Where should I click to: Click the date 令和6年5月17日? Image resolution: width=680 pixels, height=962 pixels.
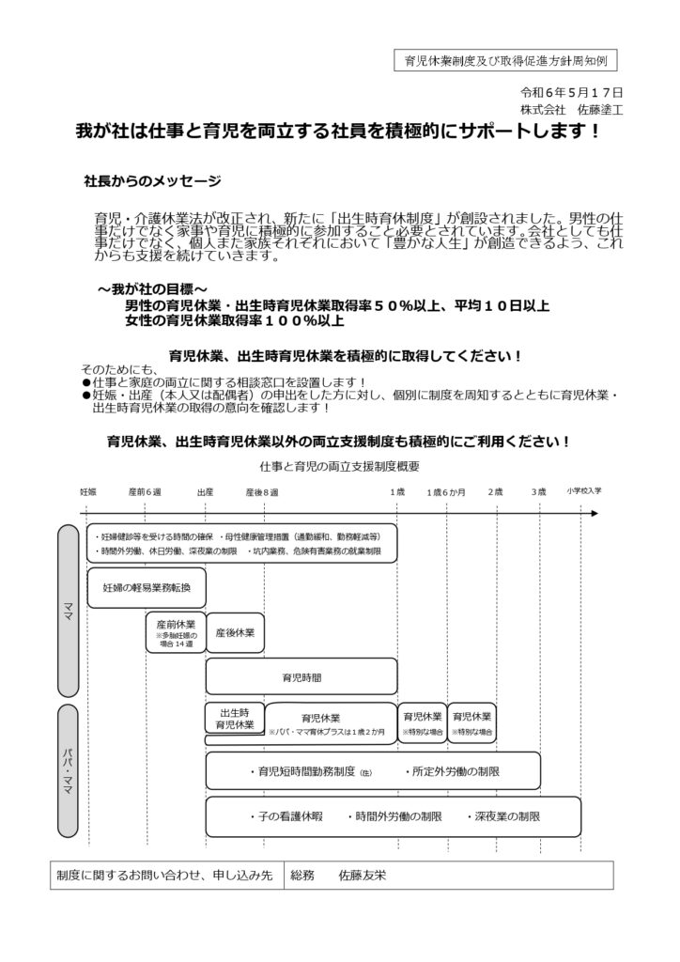tap(572, 92)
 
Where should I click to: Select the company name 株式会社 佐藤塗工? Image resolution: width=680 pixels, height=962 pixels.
tap(580, 109)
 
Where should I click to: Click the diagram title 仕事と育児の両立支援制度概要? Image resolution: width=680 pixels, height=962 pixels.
tap(341, 466)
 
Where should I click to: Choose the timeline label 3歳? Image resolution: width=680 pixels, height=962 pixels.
tap(538, 492)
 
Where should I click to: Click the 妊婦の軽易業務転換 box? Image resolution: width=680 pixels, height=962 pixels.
tap(147, 588)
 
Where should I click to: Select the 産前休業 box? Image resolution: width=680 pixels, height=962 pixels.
tap(176, 632)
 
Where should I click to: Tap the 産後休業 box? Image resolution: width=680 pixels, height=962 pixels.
tap(235, 632)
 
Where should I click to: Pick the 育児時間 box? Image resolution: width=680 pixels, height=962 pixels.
tap(301, 675)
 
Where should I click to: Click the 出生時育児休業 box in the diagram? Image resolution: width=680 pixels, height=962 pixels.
tap(235, 719)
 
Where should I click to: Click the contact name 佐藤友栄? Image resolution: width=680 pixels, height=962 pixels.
tap(360, 875)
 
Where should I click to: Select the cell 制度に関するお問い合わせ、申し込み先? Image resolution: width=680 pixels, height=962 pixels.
tap(164, 875)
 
